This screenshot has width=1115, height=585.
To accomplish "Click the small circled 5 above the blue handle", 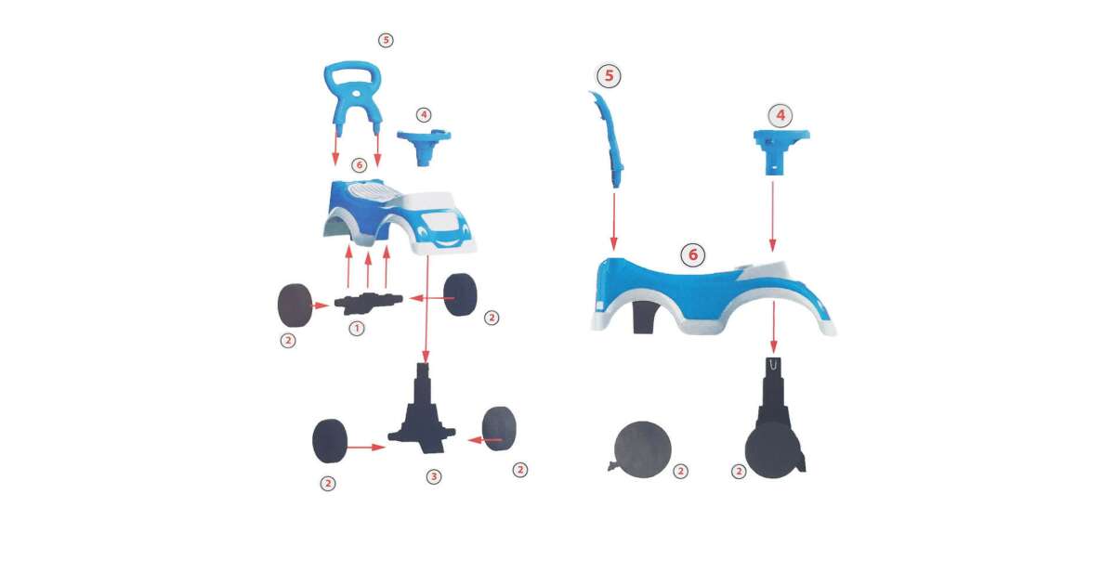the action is (386, 40).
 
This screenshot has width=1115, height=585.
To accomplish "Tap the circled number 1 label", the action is (357, 329).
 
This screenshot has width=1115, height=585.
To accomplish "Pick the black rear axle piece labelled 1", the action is (368, 303).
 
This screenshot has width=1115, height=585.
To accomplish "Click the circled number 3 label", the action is (434, 476).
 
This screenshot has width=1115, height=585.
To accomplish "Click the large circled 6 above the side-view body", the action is (693, 254).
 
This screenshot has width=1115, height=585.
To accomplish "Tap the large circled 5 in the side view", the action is (609, 75).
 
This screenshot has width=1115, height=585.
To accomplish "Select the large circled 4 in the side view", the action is (780, 115).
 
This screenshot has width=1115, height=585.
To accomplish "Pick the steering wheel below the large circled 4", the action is (781, 151).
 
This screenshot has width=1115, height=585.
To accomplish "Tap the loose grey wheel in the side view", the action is (643, 449).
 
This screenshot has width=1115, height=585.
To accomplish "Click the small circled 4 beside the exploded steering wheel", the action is (424, 115).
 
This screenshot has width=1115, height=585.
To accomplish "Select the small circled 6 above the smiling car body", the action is (359, 164).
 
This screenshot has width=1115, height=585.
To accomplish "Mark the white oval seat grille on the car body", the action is (368, 192).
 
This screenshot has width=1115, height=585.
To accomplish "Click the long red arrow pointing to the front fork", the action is (426, 308).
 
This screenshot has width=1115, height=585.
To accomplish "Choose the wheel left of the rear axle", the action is (295, 305).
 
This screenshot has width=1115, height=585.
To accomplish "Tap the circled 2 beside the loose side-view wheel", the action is (680, 471).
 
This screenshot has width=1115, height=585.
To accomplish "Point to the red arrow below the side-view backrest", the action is (614, 222).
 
